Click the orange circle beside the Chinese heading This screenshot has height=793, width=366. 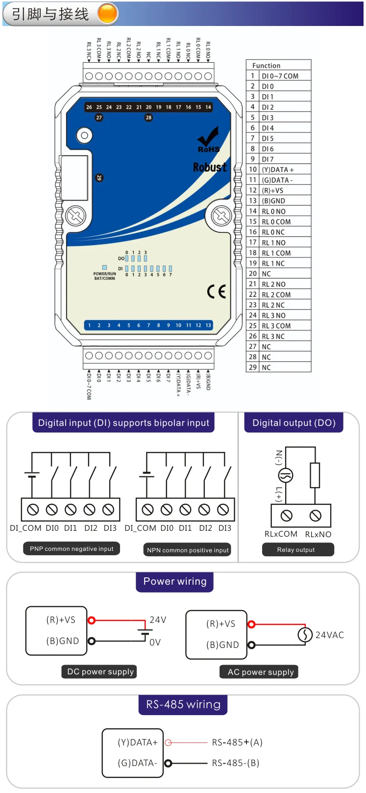point(108,14)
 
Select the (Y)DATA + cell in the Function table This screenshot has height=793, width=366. point(278,170)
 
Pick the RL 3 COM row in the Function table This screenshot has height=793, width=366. point(276,326)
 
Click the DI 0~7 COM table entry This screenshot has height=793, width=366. point(280,76)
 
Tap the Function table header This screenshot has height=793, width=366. point(267,65)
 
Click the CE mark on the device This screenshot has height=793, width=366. point(216,291)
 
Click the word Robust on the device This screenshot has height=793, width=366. point(210,167)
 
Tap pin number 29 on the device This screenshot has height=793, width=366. point(99,177)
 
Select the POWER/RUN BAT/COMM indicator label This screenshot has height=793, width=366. point(105,276)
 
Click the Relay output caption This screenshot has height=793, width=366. point(296,550)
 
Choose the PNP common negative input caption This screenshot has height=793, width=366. point(72,549)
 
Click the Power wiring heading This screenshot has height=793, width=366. point(175,582)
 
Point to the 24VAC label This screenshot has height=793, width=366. point(329,635)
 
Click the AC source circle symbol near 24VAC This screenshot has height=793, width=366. point(305,635)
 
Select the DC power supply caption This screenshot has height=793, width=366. point(100,672)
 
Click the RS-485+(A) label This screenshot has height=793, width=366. point(237,743)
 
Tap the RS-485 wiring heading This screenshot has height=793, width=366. point(183,705)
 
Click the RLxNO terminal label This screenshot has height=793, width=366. point(318,534)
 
